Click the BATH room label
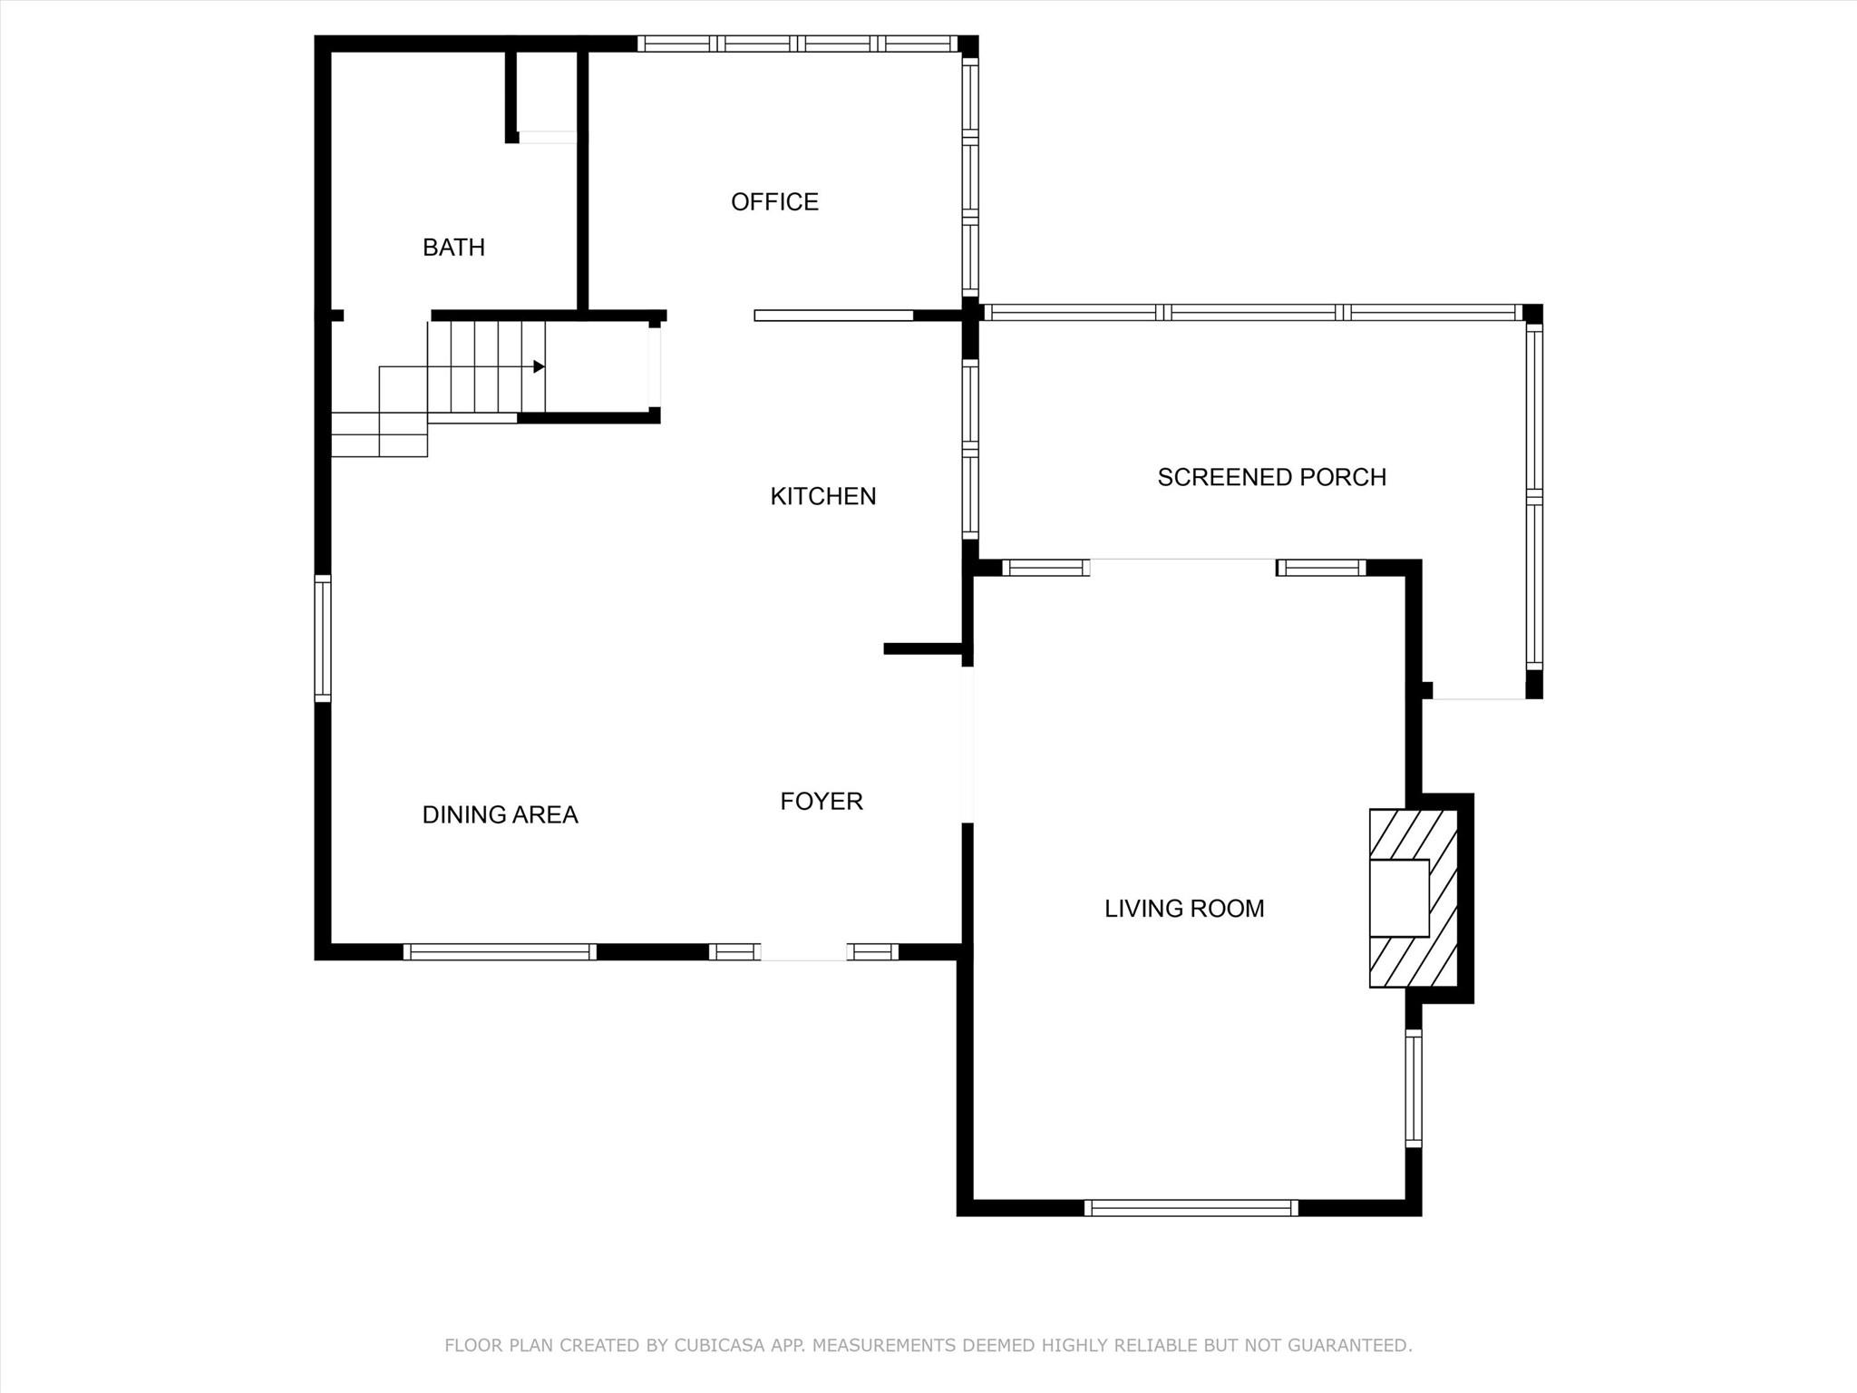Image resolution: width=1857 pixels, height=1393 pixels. click(453, 248)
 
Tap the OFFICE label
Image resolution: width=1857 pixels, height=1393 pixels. click(774, 202)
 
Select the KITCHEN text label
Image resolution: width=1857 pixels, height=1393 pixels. click(822, 497)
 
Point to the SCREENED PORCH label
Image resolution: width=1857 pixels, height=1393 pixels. click(1271, 478)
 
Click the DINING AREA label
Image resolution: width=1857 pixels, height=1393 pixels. click(500, 815)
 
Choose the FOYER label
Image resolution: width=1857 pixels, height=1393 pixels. click(822, 802)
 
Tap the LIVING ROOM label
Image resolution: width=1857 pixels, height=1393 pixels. click(1184, 909)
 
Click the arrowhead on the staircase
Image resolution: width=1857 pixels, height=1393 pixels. click(539, 366)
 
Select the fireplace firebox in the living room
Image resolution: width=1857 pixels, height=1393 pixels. click(1398, 898)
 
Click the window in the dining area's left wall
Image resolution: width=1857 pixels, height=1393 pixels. click(323, 638)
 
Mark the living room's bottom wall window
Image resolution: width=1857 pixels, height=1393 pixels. click(1191, 1207)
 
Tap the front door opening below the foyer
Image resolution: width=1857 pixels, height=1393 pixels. click(803, 952)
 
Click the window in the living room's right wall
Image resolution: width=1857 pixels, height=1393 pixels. click(1414, 1088)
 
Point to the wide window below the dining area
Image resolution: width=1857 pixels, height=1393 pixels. click(500, 952)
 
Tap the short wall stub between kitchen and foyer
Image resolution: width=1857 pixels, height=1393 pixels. click(923, 648)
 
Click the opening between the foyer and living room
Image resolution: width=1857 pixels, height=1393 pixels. click(967, 745)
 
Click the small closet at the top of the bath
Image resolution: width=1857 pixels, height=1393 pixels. click(547, 94)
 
